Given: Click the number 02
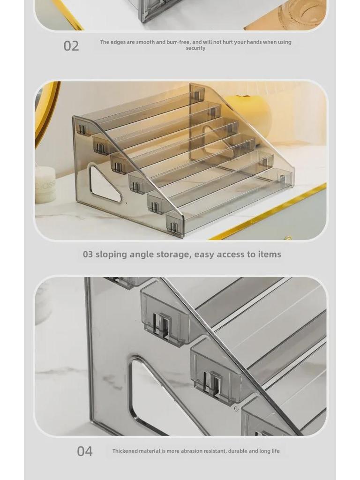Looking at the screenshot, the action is click(71, 46).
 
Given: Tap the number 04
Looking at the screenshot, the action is click(84, 451).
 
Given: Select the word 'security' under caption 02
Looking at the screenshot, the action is click(195, 48).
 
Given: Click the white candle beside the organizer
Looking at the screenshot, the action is click(45, 185).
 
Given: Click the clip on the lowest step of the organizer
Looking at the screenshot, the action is click(174, 226).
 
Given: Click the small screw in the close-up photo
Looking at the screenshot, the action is click(236, 409).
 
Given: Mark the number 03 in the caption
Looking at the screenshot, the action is click(88, 255).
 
